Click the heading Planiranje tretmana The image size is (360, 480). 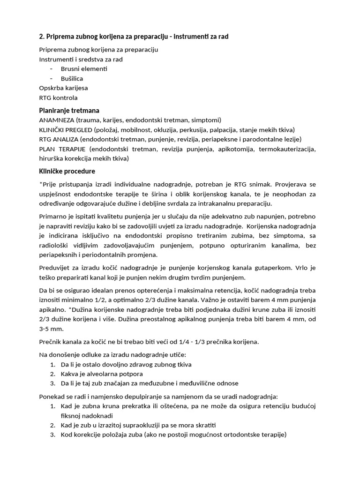tap(69, 111)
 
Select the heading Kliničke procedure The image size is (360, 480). tap(67, 171)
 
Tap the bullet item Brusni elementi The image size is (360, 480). tap(84, 69)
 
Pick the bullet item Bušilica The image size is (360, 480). tap(72, 78)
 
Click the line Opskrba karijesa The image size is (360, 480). tap(63, 88)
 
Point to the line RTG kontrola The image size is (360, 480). tap(58, 97)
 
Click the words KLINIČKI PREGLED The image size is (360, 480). tap(66, 129)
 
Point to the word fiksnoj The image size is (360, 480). tap(71, 415)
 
